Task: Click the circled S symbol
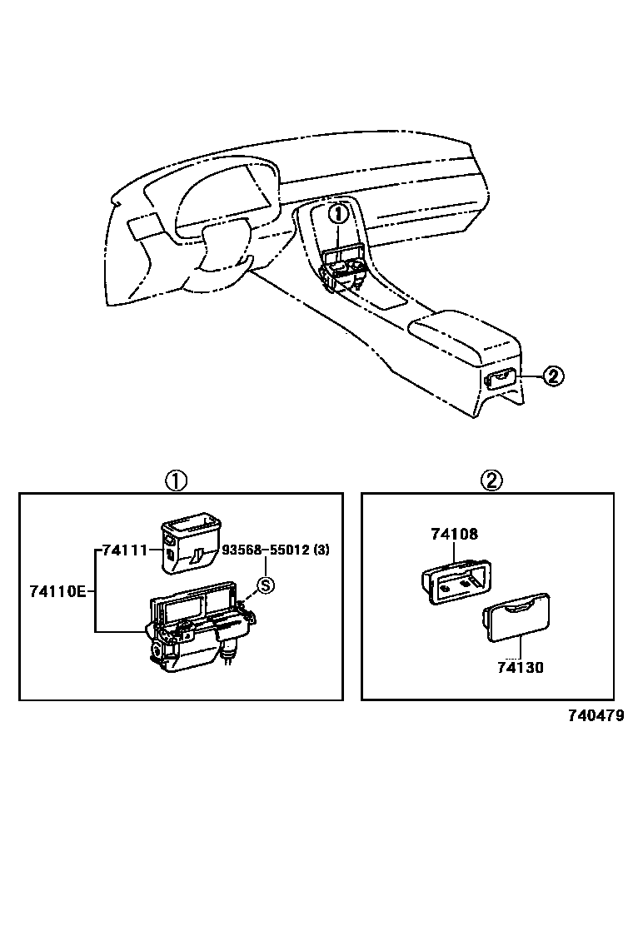(x=265, y=585)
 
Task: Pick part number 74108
(x=454, y=534)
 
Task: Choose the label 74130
(x=520, y=667)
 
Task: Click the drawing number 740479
(x=596, y=715)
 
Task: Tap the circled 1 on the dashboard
(x=337, y=214)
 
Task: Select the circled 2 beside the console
(x=553, y=376)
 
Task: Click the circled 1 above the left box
(x=175, y=480)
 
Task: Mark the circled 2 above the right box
(x=492, y=480)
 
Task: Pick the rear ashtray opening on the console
(x=500, y=381)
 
